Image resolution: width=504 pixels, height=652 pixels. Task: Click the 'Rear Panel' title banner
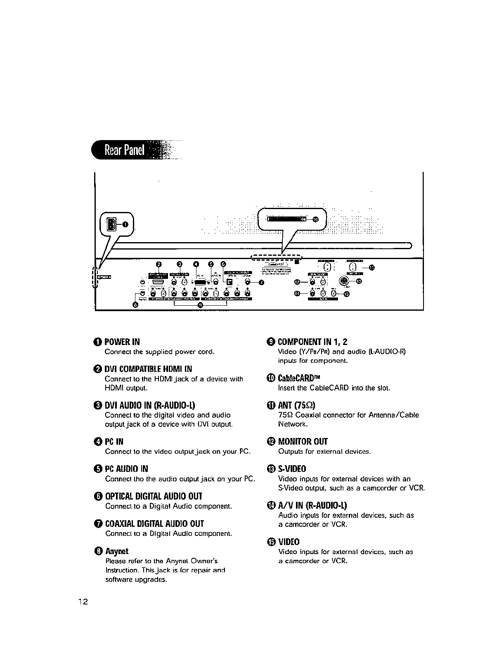point(124,150)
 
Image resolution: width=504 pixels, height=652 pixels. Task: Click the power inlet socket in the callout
point(111,224)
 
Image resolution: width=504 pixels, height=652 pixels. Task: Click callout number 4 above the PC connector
point(196,264)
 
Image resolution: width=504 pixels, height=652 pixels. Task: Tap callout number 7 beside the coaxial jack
point(261,283)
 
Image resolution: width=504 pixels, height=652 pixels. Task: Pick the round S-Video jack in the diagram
point(343,281)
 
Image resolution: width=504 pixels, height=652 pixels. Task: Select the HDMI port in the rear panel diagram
point(159,282)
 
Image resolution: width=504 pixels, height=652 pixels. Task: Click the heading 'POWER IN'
point(122,342)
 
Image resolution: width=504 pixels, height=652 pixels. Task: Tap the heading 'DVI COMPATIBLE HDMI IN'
point(148,369)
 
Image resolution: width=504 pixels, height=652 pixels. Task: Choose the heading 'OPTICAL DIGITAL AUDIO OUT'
point(154,496)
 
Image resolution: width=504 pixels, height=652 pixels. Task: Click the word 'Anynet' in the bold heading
point(117,551)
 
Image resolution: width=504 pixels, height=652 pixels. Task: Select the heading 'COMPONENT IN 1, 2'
point(312,342)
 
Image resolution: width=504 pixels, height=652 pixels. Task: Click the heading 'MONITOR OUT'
point(303,442)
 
